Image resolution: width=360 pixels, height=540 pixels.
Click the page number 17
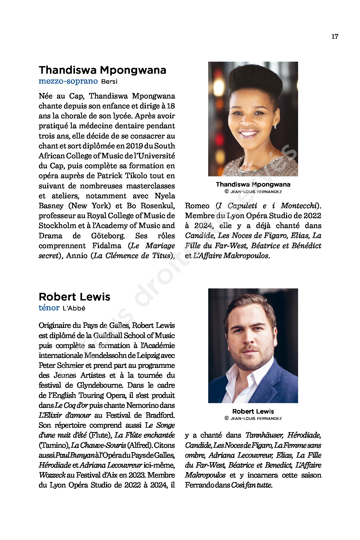pos(335,37)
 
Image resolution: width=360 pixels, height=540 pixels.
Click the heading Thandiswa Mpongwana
pos(102,70)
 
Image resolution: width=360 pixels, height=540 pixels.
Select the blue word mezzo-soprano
pos(68,81)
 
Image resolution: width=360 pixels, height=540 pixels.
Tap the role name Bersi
pos(109,82)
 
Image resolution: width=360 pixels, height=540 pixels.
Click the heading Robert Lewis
pos(74,297)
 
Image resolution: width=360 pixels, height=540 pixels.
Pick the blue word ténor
pos(49,308)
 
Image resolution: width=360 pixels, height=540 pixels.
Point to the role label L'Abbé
pos(74,308)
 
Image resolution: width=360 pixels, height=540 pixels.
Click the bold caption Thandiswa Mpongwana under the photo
pos(253,184)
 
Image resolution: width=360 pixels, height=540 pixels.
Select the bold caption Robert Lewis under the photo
pos(253,411)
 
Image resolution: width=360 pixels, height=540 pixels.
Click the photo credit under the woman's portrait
pos(253,192)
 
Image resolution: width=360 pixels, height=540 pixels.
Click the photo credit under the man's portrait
pos(253,419)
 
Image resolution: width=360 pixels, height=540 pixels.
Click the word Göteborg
pos(108,236)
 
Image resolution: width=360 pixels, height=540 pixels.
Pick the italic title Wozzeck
pos(52,475)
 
